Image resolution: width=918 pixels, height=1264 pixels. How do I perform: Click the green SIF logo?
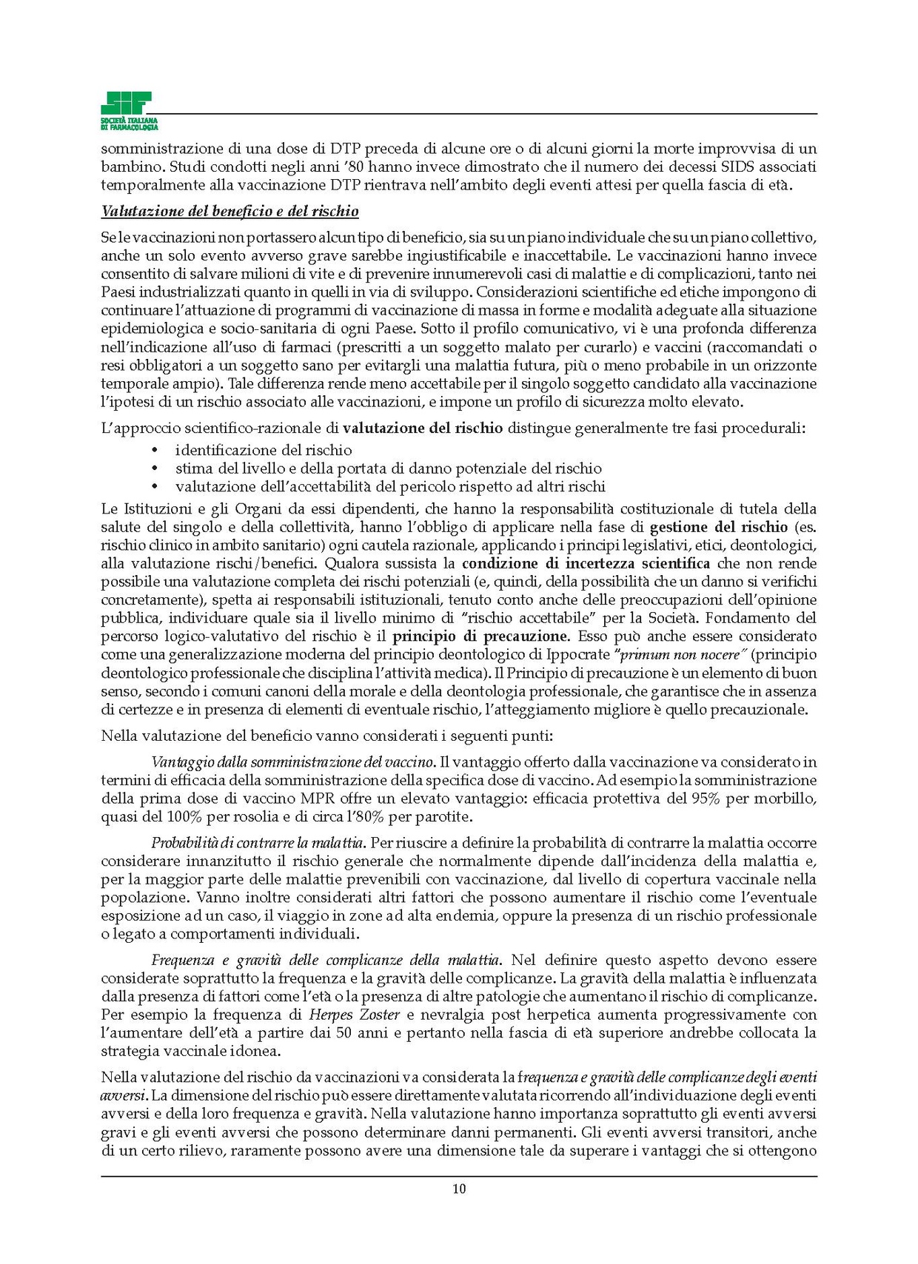coord(129,110)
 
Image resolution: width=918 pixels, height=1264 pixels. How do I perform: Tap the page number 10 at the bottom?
coord(459,1189)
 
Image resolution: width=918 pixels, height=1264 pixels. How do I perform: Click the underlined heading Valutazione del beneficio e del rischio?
coord(229,212)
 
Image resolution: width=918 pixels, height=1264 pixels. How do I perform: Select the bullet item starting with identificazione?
coord(264,450)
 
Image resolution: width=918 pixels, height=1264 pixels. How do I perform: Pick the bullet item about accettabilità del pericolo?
coord(390,487)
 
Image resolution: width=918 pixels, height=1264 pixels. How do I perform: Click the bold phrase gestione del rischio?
coord(718,527)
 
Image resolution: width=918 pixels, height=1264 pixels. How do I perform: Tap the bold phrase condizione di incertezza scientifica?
coord(585,563)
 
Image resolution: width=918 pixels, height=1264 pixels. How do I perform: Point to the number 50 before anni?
coord(344,1033)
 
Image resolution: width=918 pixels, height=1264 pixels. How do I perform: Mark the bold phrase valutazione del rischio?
coord(423,428)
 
